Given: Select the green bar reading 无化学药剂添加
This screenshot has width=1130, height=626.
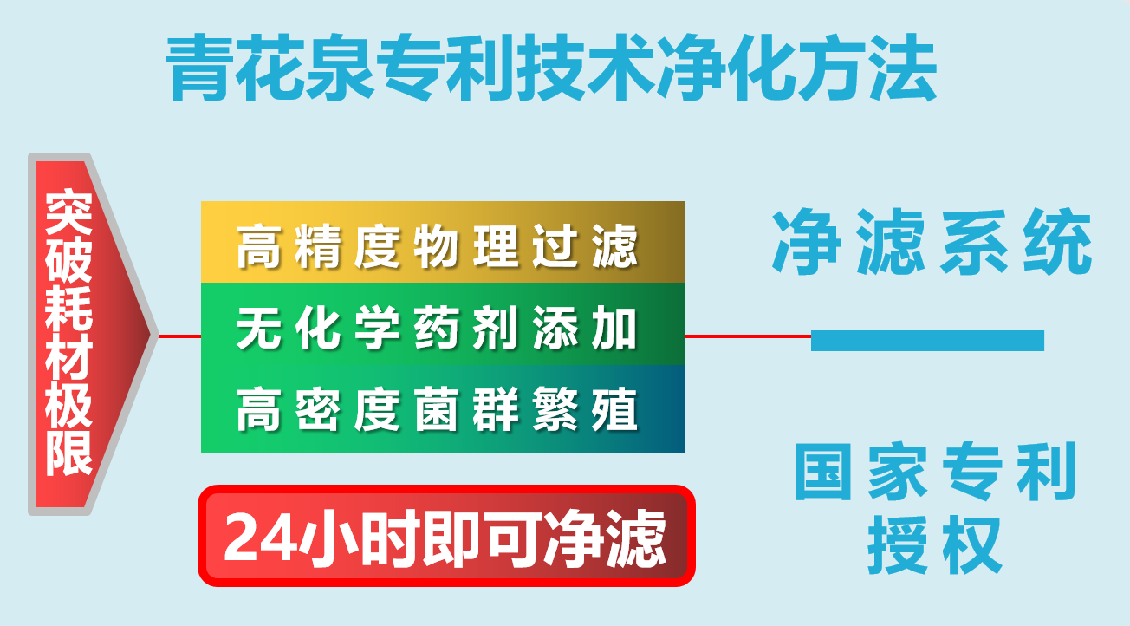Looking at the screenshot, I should coord(442,327).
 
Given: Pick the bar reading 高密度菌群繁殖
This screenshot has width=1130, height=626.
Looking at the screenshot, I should coord(442,409).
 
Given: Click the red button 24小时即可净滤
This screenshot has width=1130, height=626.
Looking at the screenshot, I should coord(446,536).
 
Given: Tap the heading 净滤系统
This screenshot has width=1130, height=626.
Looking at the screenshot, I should coord(932,244).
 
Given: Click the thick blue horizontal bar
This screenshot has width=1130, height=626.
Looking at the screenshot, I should coord(927,341).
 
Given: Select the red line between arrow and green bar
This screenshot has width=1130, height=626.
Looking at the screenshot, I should coord(179,336).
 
